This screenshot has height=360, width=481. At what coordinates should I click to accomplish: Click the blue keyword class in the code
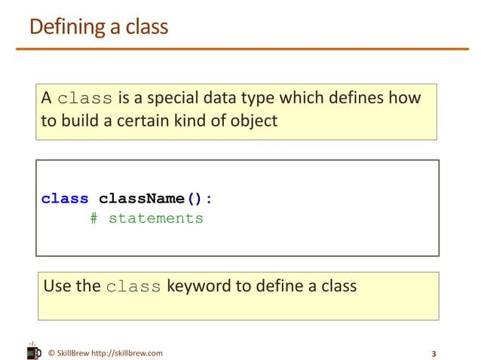click(65, 199)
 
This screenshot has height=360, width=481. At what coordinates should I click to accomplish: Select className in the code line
click(142, 199)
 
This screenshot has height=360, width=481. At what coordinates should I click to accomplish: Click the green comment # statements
click(146, 218)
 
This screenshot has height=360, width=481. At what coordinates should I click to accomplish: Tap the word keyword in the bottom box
click(198, 286)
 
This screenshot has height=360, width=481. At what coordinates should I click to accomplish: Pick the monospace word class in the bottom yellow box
click(133, 287)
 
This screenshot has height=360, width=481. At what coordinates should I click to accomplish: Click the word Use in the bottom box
click(57, 286)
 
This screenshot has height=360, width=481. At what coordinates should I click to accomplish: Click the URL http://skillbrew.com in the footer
click(127, 352)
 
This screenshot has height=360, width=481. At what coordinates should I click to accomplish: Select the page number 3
click(434, 353)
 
